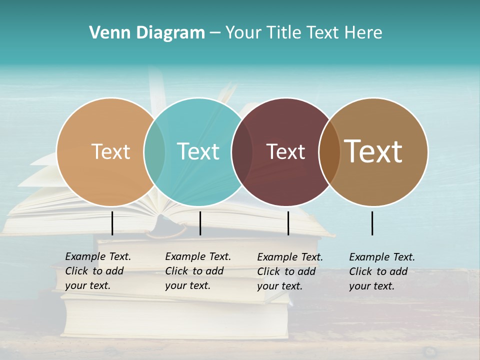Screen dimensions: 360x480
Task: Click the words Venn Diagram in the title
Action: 147,33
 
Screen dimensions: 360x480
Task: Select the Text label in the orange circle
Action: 110,151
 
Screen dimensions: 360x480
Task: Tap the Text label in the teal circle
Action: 198,151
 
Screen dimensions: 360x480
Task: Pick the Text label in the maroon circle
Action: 285,151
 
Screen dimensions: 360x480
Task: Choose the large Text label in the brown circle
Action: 373,151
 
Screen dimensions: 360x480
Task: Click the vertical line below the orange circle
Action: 112,223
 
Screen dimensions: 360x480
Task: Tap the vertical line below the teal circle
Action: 200,223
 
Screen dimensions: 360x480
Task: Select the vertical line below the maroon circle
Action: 288,223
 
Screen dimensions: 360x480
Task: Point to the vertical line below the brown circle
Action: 372,223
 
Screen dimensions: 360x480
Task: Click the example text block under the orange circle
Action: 97,271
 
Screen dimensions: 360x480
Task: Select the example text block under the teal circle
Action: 197,271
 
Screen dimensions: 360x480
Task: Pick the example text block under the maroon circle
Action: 289,271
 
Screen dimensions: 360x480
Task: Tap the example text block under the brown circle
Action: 381,271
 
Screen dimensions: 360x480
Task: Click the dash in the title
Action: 215,33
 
